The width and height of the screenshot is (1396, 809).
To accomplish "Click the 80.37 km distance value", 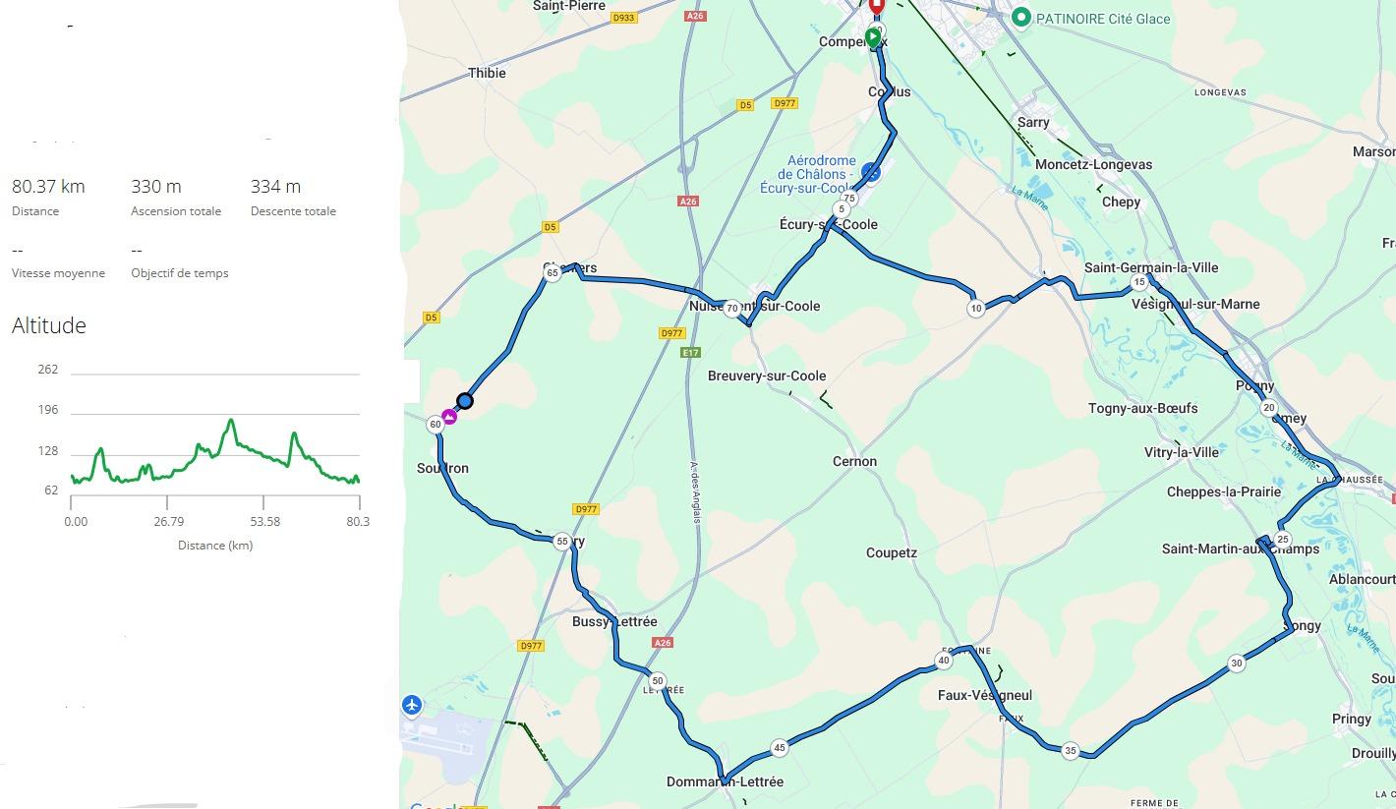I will click(x=48, y=187).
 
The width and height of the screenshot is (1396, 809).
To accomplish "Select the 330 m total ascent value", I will click(x=156, y=187).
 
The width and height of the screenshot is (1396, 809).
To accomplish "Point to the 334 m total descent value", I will click(x=275, y=187).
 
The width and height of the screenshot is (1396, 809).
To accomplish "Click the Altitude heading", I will click(x=49, y=325).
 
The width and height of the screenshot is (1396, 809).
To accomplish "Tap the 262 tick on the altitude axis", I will click(x=48, y=370).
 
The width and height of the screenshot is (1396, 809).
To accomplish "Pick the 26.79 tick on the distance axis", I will click(x=169, y=521).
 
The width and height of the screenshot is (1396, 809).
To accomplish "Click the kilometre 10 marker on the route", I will click(x=975, y=308).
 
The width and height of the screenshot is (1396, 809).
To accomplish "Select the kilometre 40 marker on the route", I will click(x=944, y=661).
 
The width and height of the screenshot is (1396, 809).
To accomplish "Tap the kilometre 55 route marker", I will click(x=561, y=541).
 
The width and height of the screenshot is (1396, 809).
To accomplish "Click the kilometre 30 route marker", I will click(x=1237, y=664).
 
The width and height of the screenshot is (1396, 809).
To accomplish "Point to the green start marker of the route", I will click(x=872, y=38).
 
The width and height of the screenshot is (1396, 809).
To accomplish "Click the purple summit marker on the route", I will click(x=449, y=417).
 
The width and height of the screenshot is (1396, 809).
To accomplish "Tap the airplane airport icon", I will click(x=412, y=705).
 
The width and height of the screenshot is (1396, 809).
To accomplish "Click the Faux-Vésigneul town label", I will click(x=984, y=696).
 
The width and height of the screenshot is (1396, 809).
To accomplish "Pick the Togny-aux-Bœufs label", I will click(x=1142, y=409).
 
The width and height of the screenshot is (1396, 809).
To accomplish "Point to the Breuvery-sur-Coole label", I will click(x=767, y=376).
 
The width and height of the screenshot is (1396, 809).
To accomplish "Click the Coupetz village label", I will click(x=891, y=553).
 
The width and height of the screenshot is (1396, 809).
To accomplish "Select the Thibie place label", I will click(x=487, y=73).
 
